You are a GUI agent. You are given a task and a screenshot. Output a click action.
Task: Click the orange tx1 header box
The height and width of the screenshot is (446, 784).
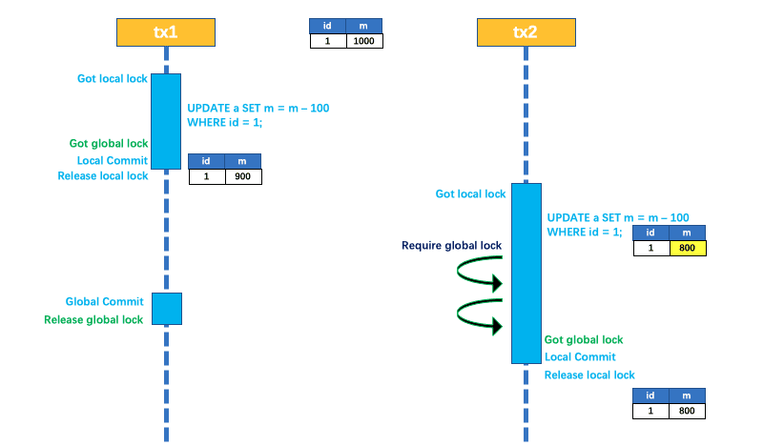coord(165,31)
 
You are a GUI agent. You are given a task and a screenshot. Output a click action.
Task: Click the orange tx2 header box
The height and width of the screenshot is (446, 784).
coord(526,31)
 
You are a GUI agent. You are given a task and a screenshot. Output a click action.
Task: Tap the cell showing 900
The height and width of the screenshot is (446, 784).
coord(243,176)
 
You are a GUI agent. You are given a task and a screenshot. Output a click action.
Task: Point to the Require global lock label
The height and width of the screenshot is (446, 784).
coord(452,246)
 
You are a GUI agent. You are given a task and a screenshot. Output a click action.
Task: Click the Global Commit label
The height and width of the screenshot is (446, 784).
coord(105,302)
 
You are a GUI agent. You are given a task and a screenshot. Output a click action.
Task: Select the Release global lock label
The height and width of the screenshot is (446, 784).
coord(93,320)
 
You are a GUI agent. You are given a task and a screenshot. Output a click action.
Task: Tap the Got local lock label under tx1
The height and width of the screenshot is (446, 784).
coord(113,78)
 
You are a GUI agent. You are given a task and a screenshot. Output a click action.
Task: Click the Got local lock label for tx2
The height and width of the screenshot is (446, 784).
coord(471,194)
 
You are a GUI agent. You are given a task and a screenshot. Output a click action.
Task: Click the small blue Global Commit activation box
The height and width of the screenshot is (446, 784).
coord(166,309)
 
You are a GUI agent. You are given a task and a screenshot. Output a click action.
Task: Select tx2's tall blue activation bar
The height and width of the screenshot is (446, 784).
coord(526,273)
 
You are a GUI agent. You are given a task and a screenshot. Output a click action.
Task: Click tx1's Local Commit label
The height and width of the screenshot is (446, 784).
coord(113,160)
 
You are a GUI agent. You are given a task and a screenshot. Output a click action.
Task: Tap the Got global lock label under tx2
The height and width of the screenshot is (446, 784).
coord(584,339)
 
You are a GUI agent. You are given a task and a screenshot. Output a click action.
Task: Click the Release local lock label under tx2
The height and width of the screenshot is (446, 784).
coord(589,375)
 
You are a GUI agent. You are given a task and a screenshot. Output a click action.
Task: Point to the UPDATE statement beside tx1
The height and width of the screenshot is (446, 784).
coord(258,115)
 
